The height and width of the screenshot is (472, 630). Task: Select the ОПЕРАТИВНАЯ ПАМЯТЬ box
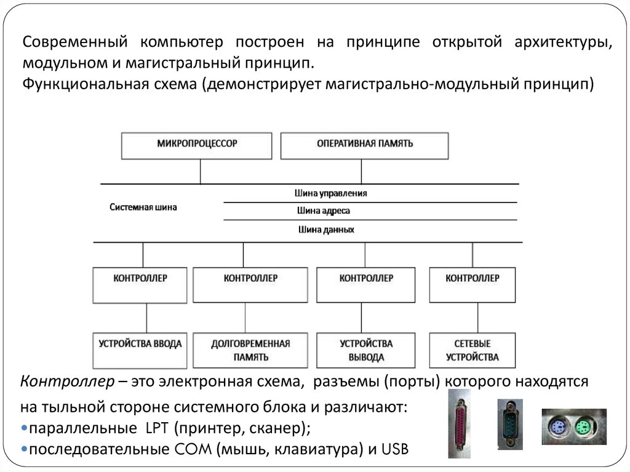[x=365, y=145]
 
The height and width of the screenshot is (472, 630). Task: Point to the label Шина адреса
[x=323, y=211]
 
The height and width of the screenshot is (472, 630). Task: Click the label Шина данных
[x=325, y=230]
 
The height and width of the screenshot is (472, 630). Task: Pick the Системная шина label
[x=143, y=207]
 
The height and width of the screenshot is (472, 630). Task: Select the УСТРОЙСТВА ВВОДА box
[x=140, y=350]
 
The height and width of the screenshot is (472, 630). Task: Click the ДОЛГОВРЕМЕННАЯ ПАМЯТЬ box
[x=250, y=350]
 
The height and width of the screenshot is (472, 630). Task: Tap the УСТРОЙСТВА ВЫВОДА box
[x=366, y=350]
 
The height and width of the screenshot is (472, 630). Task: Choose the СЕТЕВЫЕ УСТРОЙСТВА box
[x=472, y=350]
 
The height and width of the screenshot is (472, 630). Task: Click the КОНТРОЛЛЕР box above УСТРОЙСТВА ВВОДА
[x=140, y=284]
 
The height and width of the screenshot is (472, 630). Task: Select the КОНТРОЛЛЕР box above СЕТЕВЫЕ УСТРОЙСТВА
[x=472, y=284]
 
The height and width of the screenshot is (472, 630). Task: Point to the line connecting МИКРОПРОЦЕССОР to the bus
[x=200, y=172]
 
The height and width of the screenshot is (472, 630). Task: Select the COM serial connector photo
[x=510, y=422]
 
